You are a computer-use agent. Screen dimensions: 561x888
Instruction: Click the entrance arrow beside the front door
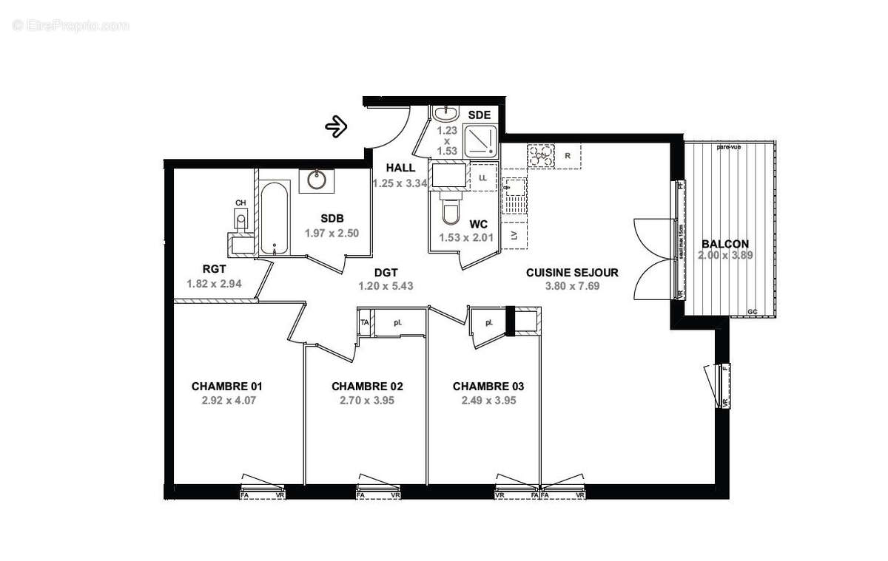pos(337,126)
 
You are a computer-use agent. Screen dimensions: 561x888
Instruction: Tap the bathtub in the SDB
pos(274,219)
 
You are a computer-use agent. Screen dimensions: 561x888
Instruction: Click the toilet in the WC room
pos(449,211)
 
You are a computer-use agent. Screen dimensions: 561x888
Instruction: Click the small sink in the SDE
pos(445,115)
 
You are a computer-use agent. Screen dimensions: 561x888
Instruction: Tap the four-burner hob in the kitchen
pos(541,155)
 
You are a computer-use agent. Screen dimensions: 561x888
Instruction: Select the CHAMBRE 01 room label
pos(227,386)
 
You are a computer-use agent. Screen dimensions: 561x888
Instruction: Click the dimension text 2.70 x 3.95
pos(367,401)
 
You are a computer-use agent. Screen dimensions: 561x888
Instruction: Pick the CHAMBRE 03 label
pos(488,386)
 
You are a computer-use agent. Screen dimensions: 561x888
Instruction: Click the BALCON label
pos(724,244)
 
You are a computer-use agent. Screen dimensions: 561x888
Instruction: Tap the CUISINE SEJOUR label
pos(572,273)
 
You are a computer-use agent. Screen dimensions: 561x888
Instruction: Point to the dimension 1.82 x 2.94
pos(215,282)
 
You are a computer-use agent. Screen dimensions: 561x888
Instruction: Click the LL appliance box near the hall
pos(483,178)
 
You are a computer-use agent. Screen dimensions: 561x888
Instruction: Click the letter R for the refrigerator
pos(568,156)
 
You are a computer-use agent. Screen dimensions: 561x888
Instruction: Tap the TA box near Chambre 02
pos(364,323)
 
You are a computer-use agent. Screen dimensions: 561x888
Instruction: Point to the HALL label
pos(400,168)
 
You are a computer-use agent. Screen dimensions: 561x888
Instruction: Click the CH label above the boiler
pos(240,203)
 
